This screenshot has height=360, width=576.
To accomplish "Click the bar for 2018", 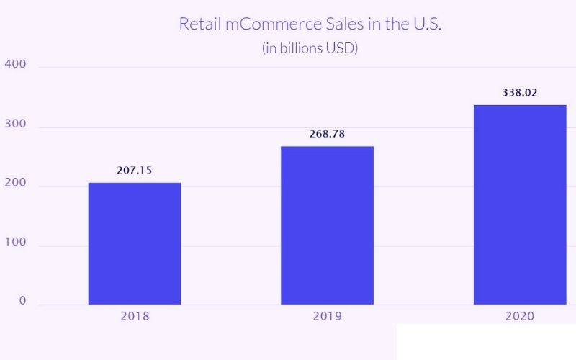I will point(135,243).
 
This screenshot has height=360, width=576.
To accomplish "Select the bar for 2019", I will point(327,225).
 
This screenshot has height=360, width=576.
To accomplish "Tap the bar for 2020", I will point(520,204).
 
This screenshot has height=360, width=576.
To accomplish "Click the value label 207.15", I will point(134,171).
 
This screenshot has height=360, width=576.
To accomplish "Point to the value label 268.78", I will point(327,134).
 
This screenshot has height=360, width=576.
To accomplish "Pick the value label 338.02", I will point(519,93).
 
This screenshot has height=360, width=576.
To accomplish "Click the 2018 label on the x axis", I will point(134,316).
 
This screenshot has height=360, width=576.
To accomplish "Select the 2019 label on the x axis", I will point(327,316).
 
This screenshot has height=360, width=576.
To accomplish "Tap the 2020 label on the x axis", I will point(519,316).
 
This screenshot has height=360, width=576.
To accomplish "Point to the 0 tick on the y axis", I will point(22,300).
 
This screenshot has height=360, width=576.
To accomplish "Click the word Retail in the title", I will point(197,24).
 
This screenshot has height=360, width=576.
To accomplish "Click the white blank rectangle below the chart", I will point(486,342).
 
